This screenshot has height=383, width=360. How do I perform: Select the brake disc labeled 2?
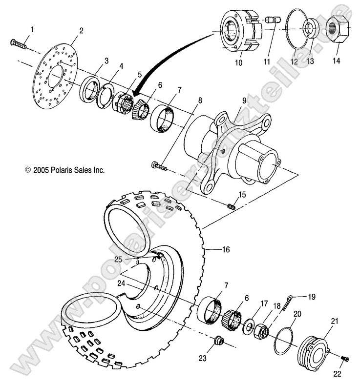[54, 73]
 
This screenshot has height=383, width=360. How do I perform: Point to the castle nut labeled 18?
[262, 331]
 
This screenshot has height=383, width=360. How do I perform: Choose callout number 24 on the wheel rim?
[122, 282]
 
